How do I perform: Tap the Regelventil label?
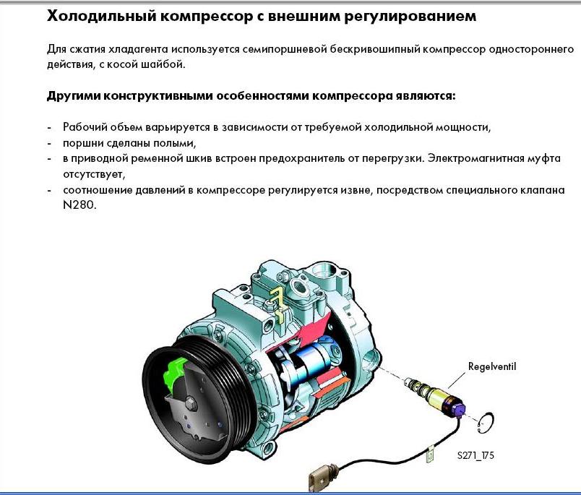[491, 367]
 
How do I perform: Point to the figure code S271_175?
[475, 455]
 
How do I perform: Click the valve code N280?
[79, 205]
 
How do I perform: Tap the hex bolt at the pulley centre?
[191, 403]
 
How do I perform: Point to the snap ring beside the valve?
[486, 423]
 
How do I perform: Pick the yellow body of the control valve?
[439, 397]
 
